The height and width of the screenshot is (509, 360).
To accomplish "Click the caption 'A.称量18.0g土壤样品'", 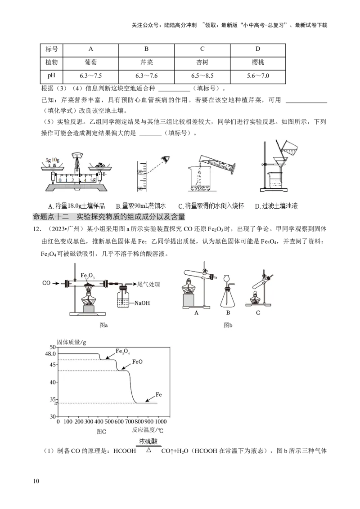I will (x=76, y=206).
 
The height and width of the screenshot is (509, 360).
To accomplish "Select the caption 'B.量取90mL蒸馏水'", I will (x=140, y=206).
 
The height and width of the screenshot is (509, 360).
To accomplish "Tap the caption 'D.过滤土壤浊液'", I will (x=276, y=206).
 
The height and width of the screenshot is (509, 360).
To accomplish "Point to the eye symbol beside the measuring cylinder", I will (x=167, y=159).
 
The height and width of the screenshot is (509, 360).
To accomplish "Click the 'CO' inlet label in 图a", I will (x=46, y=283).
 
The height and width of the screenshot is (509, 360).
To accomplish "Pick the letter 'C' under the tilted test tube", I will (x=258, y=313).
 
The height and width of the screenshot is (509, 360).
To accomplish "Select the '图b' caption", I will (x=228, y=325).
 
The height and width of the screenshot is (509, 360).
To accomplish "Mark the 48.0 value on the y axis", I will (x=49, y=354).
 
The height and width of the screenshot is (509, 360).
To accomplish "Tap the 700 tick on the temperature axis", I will (x=128, y=422).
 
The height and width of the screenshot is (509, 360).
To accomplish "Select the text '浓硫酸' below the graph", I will (x=148, y=442).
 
